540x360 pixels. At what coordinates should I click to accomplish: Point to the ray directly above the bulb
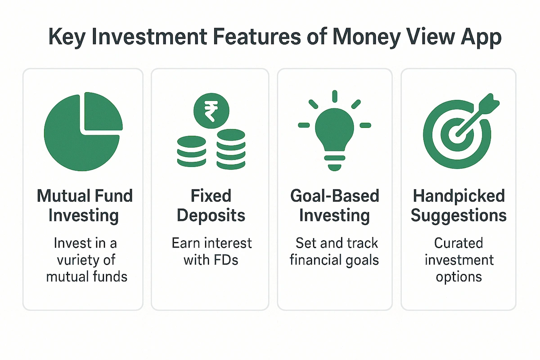pyautogui.click(x=334, y=96)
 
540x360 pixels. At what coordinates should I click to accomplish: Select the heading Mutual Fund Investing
pyautogui.click(x=84, y=206)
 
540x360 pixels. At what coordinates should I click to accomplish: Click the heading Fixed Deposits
pyautogui.click(x=211, y=206)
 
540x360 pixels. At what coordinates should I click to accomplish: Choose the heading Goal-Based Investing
pyautogui.click(x=334, y=206)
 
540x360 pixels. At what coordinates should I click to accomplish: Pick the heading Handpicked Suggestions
pyautogui.click(x=459, y=206)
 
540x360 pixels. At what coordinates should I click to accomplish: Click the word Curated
pyautogui.click(x=459, y=243)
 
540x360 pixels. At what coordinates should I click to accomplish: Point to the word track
pyautogui.click(x=362, y=243)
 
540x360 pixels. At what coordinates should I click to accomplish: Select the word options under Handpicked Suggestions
pyautogui.click(x=459, y=276)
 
